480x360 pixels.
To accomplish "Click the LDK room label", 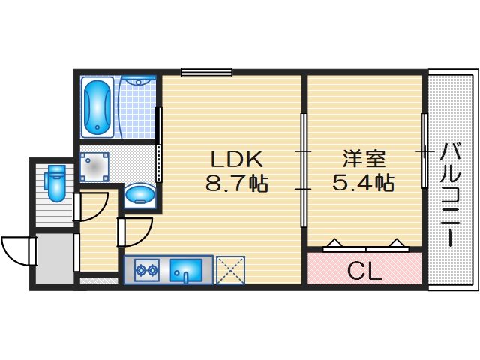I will point(235,160).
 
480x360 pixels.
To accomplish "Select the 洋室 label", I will point(364,160).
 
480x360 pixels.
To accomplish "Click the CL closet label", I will point(364,270).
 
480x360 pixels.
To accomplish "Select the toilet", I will point(55,184).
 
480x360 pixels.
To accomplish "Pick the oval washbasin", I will point(139,196).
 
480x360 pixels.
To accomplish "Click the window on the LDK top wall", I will point(206,72).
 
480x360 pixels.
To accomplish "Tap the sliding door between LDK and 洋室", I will point(304,170).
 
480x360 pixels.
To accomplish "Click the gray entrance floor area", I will point(54,259).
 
